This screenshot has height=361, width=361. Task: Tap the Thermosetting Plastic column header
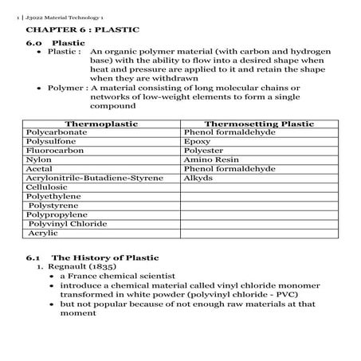click(x=259, y=124)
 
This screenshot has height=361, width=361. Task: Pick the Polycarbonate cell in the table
click(x=57, y=132)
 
